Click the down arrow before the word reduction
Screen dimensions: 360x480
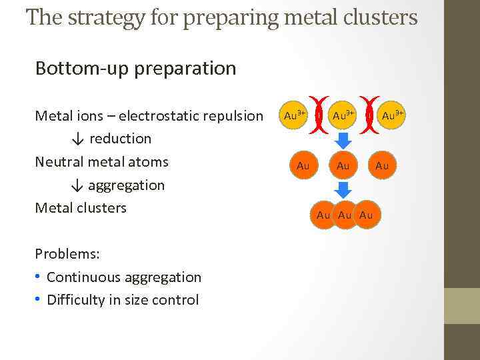pyautogui.click(x=78, y=139)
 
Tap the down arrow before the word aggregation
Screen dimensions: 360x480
pyautogui.click(x=78, y=185)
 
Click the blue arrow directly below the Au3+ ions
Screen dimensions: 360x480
pyautogui.click(x=343, y=141)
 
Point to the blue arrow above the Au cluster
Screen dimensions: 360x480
pyautogui.click(x=343, y=190)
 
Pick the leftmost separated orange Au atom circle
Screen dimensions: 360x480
pyautogui.click(x=303, y=165)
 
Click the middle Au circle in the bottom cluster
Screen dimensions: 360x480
pyautogui.click(x=345, y=215)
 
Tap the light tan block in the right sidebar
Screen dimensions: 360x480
pyautogui.click(x=461, y=305)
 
